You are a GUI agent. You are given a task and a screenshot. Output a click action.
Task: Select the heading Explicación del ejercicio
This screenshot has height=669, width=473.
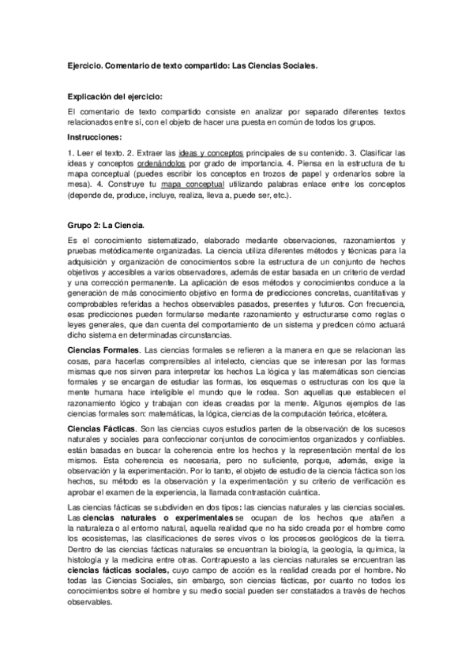click(115, 95)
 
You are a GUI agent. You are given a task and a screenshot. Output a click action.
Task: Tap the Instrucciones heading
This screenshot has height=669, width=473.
click(96, 136)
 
